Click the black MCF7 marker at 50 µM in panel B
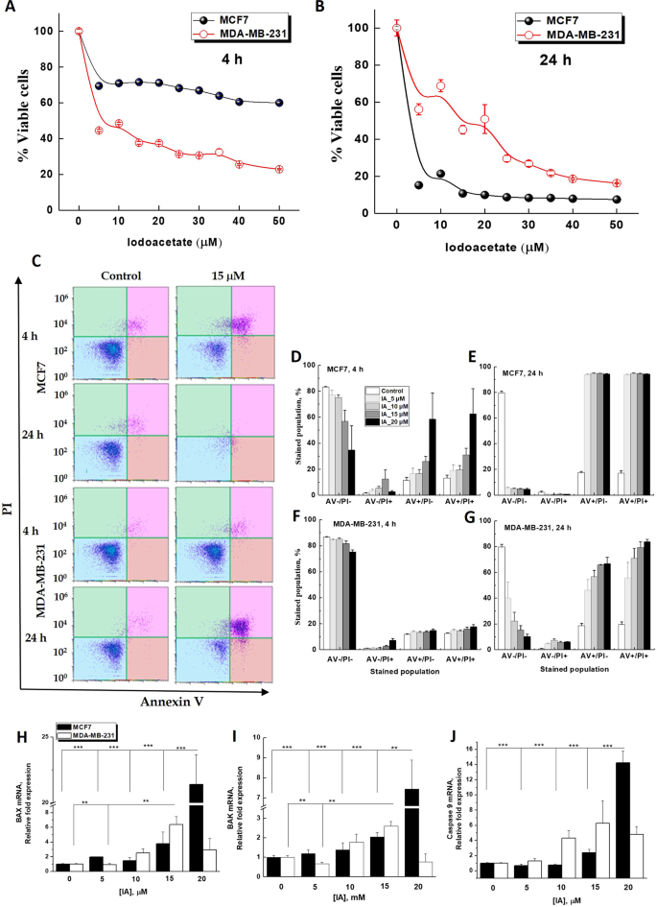coord(617,200)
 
